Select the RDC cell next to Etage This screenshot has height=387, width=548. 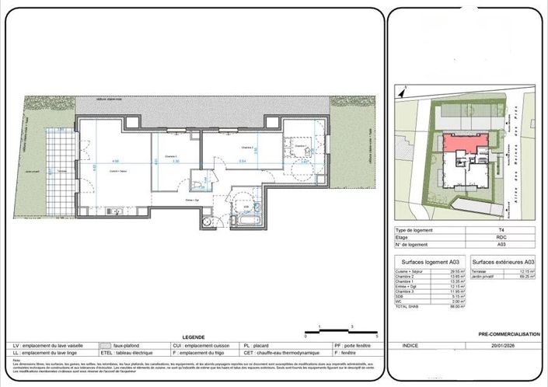(501, 238)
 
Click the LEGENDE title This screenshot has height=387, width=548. (194, 337)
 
